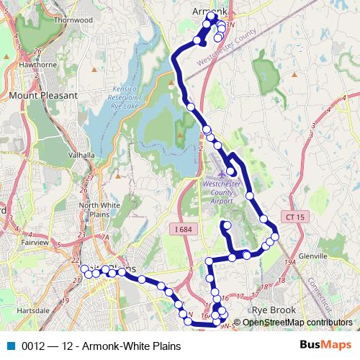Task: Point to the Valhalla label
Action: tap(81, 155)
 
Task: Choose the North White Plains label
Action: tap(95, 210)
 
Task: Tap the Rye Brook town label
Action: tap(274, 310)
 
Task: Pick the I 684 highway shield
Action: tap(184, 228)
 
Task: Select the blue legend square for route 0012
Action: tap(10, 346)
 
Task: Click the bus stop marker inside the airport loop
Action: tap(230, 171)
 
